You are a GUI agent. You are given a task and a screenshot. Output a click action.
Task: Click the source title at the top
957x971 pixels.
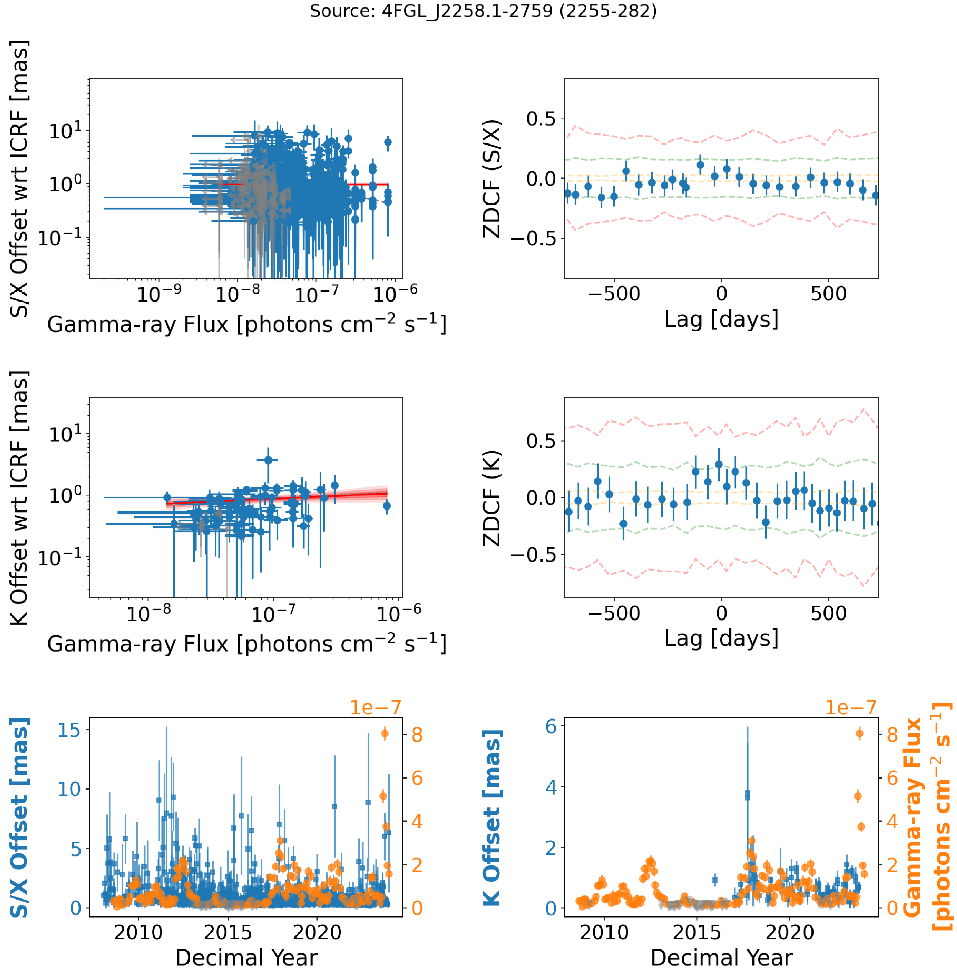(x=483, y=11)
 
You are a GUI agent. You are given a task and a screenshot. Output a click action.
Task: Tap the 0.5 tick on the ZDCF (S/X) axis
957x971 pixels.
(x=541, y=119)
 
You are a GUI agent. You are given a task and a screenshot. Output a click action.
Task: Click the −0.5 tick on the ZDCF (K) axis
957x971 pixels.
(x=533, y=555)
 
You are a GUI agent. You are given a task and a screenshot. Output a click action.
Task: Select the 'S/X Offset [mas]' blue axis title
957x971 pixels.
(x=19, y=818)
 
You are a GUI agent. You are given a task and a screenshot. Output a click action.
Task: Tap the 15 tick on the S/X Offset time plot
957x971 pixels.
(x=69, y=730)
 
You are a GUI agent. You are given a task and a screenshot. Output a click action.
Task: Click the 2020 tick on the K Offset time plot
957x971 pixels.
(x=790, y=933)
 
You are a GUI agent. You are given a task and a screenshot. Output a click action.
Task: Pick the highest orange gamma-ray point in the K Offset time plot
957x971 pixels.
(x=860, y=733)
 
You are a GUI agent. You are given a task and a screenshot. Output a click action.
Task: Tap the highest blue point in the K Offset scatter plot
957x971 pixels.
(x=268, y=460)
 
